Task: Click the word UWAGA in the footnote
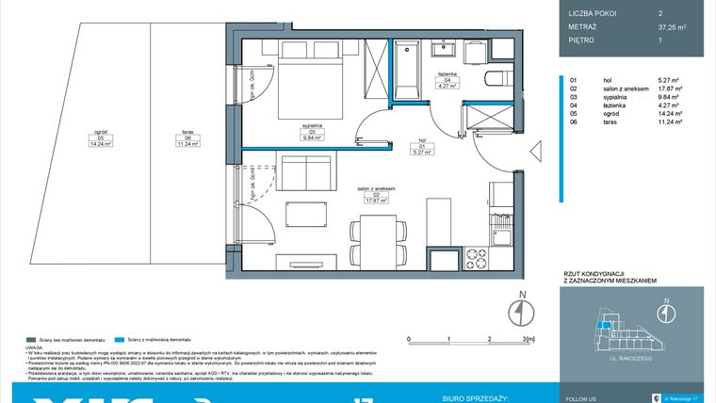click(x=39, y=347)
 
